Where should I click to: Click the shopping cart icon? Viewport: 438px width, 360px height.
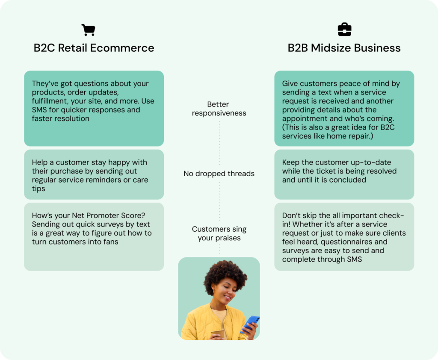tap(89, 30)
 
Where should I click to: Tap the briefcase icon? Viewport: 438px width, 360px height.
tap(344, 30)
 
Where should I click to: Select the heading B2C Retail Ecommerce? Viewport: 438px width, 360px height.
tap(94, 48)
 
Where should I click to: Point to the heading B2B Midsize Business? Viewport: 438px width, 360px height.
tap(344, 48)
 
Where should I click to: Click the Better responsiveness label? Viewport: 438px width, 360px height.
tap(219, 109)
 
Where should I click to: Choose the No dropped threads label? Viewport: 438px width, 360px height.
tap(219, 174)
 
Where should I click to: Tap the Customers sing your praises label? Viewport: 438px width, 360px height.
tap(219, 233)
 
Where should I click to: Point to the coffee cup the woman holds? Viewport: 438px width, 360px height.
tap(218, 335)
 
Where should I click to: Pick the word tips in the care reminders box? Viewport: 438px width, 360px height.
tap(38, 189)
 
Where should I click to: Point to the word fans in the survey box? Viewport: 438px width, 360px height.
tap(111, 242)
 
